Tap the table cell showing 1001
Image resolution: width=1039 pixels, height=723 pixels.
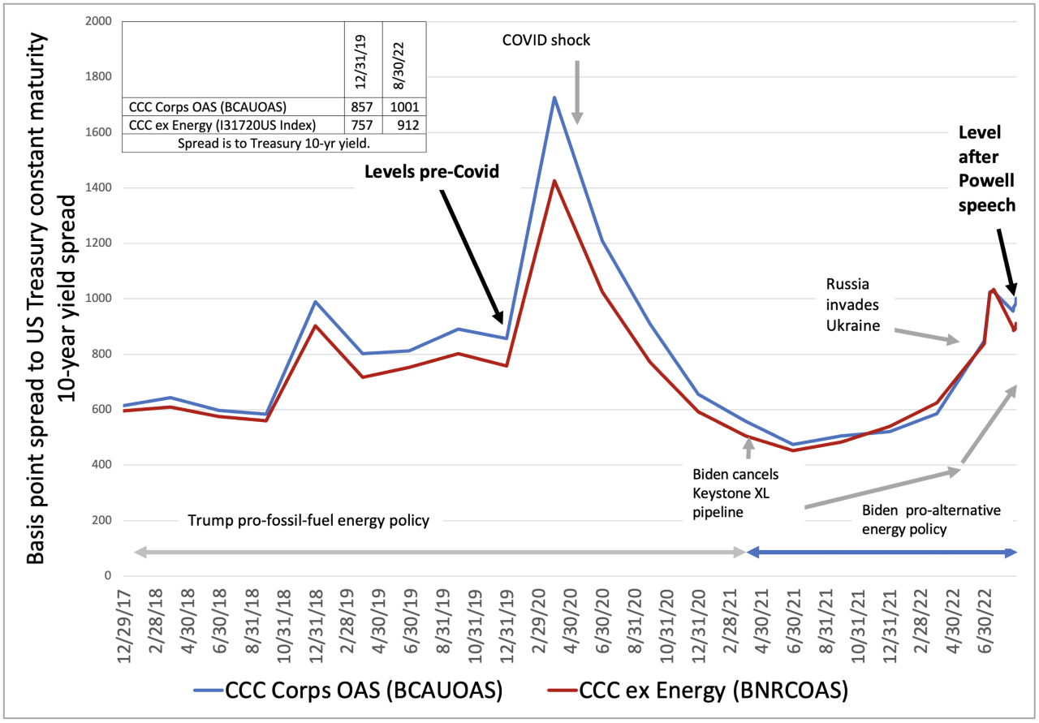(403, 106)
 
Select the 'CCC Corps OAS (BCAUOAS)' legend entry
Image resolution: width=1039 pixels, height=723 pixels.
(348, 691)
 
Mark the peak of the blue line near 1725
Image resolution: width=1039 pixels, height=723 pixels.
(554, 97)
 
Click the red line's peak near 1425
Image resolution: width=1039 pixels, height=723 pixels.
(554, 181)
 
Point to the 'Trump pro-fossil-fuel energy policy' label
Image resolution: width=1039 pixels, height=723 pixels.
(308, 520)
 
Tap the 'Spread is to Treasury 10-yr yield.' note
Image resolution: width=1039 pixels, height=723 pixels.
(274, 142)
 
